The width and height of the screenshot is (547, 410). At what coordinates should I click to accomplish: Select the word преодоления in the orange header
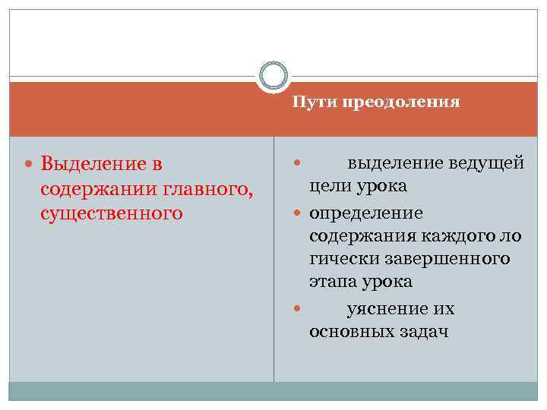(400, 102)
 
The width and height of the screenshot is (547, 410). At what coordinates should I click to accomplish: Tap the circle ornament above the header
(273, 76)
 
